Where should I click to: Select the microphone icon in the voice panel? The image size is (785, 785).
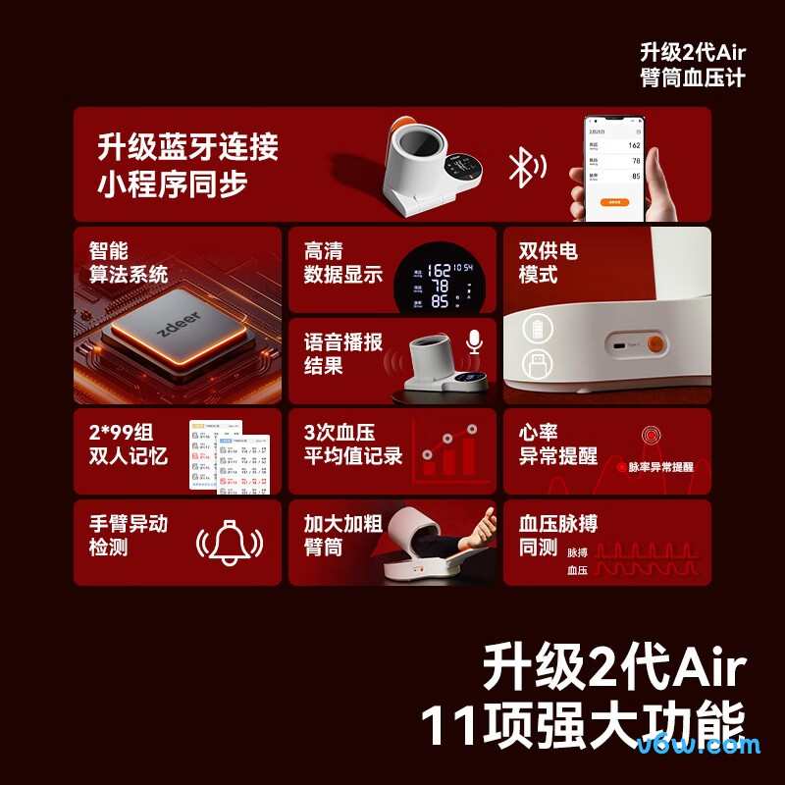tap(475, 341)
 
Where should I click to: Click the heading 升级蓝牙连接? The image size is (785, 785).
tap(187, 147)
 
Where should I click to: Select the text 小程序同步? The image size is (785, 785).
tap(172, 184)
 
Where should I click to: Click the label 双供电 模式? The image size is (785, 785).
tap(549, 263)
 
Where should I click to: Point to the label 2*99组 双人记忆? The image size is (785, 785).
tap(129, 444)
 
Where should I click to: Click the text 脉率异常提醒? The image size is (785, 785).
tap(660, 467)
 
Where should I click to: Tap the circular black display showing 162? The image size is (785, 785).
tap(439, 284)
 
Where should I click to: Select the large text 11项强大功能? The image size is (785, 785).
tap(583, 725)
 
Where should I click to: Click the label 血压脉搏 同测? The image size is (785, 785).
tap(558, 536)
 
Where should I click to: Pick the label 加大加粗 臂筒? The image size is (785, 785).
tap(342, 536)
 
